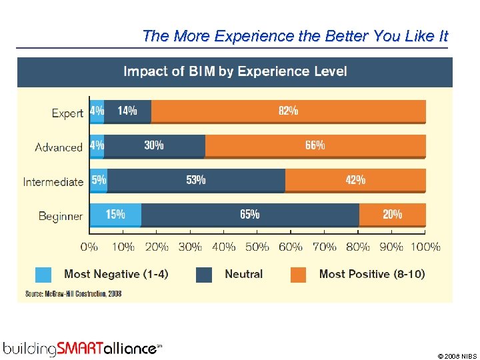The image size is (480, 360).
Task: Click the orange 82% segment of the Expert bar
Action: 288,111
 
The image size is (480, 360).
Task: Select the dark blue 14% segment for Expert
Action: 127,111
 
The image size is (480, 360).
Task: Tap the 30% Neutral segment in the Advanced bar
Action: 154,145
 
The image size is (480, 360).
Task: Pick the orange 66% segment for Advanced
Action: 315,145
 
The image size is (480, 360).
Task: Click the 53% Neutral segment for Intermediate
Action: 196,180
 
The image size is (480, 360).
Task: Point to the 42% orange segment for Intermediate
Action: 355,180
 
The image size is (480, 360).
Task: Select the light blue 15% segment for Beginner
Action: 115,215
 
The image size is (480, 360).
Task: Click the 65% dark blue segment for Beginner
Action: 250,215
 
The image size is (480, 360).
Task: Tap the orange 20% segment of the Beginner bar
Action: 392,215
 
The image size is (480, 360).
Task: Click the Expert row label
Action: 67,113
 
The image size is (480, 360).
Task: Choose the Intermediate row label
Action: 53,182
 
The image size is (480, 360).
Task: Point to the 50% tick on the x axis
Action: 257,247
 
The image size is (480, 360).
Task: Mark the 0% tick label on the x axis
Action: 89,247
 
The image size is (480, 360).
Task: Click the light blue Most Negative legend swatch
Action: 43,275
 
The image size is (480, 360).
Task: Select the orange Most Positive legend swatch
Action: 298,275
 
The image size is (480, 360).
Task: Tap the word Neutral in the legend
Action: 243,274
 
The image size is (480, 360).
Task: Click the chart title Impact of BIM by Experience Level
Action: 235,71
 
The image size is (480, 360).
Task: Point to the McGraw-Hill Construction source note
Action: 73,293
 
